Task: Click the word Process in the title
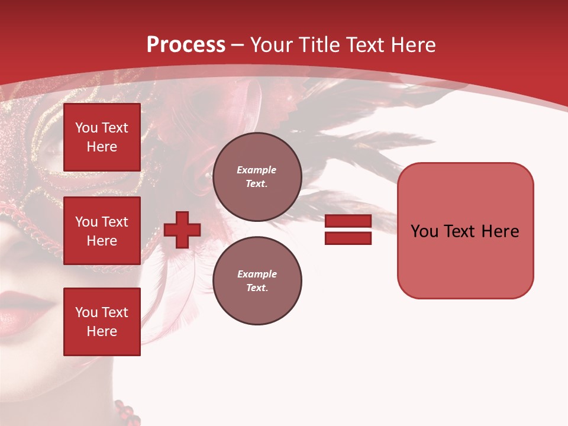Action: click(186, 45)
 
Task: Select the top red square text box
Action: click(102, 137)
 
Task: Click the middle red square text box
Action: click(102, 231)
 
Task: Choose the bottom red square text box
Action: click(102, 322)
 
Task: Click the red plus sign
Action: click(182, 230)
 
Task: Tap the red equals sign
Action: click(348, 230)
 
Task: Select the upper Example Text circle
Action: click(257, 176)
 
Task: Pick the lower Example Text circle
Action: click(257, 280)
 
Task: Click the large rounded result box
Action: click(465, 231)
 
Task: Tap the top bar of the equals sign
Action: click(348, 221)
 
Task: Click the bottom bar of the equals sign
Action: click(348, 238)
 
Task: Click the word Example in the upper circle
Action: click(256, 170)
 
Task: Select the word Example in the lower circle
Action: click(256, 274)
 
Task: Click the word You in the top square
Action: click(86, 128)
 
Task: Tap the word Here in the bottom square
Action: click(102, 331)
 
